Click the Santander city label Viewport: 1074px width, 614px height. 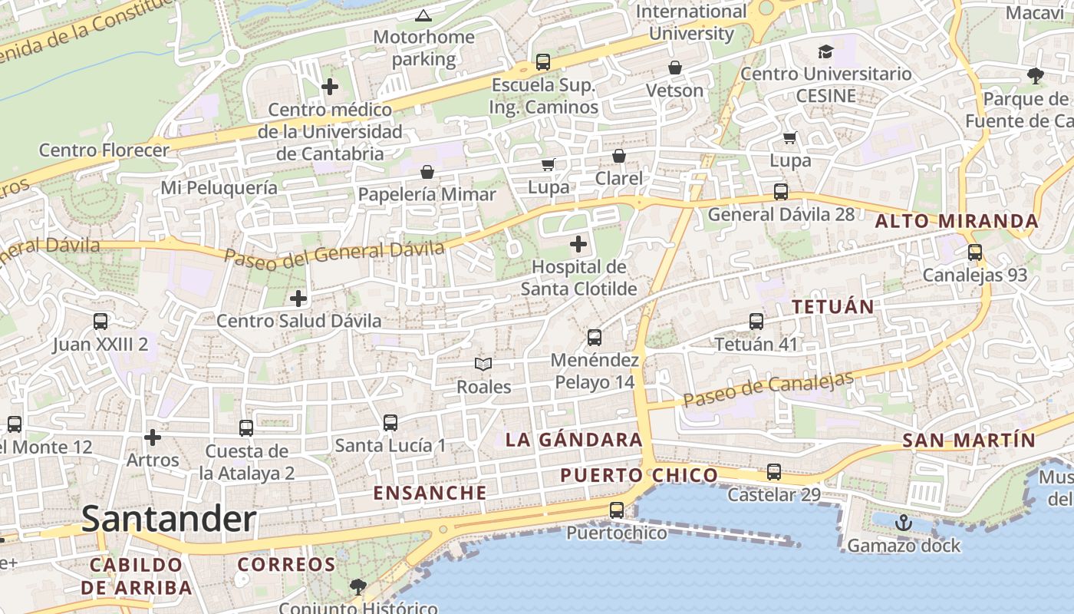coord(169,520)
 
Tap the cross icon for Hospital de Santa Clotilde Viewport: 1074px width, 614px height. coord(578,245)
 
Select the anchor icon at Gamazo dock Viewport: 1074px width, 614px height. coord(904,523)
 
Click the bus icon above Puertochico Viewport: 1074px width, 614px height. coord(617,510)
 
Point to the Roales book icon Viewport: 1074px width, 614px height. coord(483,364)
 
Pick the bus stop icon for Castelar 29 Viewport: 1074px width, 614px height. coord(774,472)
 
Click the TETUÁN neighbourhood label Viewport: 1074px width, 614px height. coord(833,307)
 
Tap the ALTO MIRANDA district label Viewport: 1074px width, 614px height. coord(957,222)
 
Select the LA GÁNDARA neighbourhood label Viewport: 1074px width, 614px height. coord(574,440)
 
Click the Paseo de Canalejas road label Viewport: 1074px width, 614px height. coord(768,390)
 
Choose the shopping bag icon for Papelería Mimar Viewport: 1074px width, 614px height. coord(427,172)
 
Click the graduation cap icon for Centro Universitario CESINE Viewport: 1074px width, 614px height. coord(825,51)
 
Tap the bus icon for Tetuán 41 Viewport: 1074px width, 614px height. coord(756,322)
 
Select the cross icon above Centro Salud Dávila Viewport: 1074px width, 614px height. coord(298,298)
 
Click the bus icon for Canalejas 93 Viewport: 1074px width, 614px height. coord(975,252)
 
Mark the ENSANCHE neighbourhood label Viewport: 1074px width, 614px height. coord(430,493)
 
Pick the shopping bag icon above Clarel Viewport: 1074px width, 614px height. coord(619,156)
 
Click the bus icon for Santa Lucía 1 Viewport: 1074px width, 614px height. coord(390,422)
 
